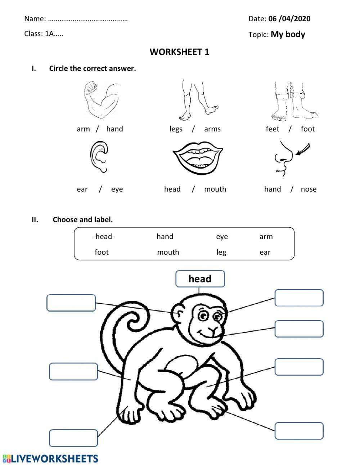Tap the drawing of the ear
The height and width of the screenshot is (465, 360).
point(99,156)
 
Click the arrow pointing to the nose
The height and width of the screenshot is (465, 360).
point(302,149)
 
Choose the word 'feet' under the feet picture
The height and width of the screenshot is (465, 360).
point(273,129)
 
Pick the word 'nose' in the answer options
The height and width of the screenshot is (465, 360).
point(309,189)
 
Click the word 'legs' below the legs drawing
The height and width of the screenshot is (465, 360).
point(176,129)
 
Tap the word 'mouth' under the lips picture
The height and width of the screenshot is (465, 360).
point(215,189)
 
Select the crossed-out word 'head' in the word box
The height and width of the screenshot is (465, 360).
point(104,237)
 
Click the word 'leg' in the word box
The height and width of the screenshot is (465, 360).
point(221,252)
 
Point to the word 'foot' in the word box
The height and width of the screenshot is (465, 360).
point(102,252)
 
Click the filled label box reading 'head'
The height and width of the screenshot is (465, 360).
point(200,279)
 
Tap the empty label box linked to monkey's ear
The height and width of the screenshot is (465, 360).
point(71,303)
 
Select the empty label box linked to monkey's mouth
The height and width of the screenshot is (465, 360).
point(299,329)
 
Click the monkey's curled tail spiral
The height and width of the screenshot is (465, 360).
point(139,320)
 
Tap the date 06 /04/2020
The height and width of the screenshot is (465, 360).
point(289,19)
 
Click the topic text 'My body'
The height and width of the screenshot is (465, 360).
point(288,35)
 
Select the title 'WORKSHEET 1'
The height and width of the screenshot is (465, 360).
point(179,52)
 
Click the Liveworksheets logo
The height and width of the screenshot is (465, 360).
point(50,458)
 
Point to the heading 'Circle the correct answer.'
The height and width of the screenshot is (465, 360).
point(93,68)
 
